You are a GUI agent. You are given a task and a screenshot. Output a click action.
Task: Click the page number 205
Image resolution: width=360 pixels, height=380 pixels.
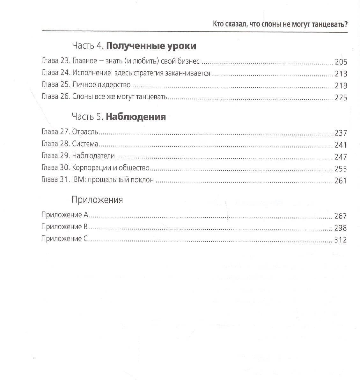click(x=341, y=62)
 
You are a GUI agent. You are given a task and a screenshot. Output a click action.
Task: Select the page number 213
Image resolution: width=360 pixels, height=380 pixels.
click(x=341, y=74)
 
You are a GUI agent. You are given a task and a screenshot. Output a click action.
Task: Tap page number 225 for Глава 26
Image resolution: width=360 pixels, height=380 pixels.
click(x=341, y=97)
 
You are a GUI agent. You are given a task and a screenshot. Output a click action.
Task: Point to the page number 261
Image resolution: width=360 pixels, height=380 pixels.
click(x=340, y=181)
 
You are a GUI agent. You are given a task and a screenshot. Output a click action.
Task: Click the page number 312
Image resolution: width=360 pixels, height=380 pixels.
click(x=340, y=240)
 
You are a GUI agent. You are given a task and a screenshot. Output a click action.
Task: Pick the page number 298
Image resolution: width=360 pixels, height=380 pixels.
click(x=340, y=228)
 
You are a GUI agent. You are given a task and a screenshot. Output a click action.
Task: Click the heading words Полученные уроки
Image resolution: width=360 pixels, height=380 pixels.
click(x=151, y=46)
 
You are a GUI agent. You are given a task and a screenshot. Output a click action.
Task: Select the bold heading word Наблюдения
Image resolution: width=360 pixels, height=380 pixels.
click(x=136, y=117)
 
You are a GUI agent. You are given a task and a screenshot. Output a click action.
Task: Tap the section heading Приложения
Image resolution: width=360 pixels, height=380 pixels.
click(x=97, y=200)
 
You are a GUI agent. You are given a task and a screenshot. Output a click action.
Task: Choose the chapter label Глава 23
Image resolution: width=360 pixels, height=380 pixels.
click(x=55, y=61)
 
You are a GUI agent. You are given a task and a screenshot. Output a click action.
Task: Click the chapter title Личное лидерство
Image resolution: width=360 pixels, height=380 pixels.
click(x=101, y=85)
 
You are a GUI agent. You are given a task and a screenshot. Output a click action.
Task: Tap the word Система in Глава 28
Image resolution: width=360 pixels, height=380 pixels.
click(x=85, y=144)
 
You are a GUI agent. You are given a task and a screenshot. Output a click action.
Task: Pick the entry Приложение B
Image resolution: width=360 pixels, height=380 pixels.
click(x=64, y=227)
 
